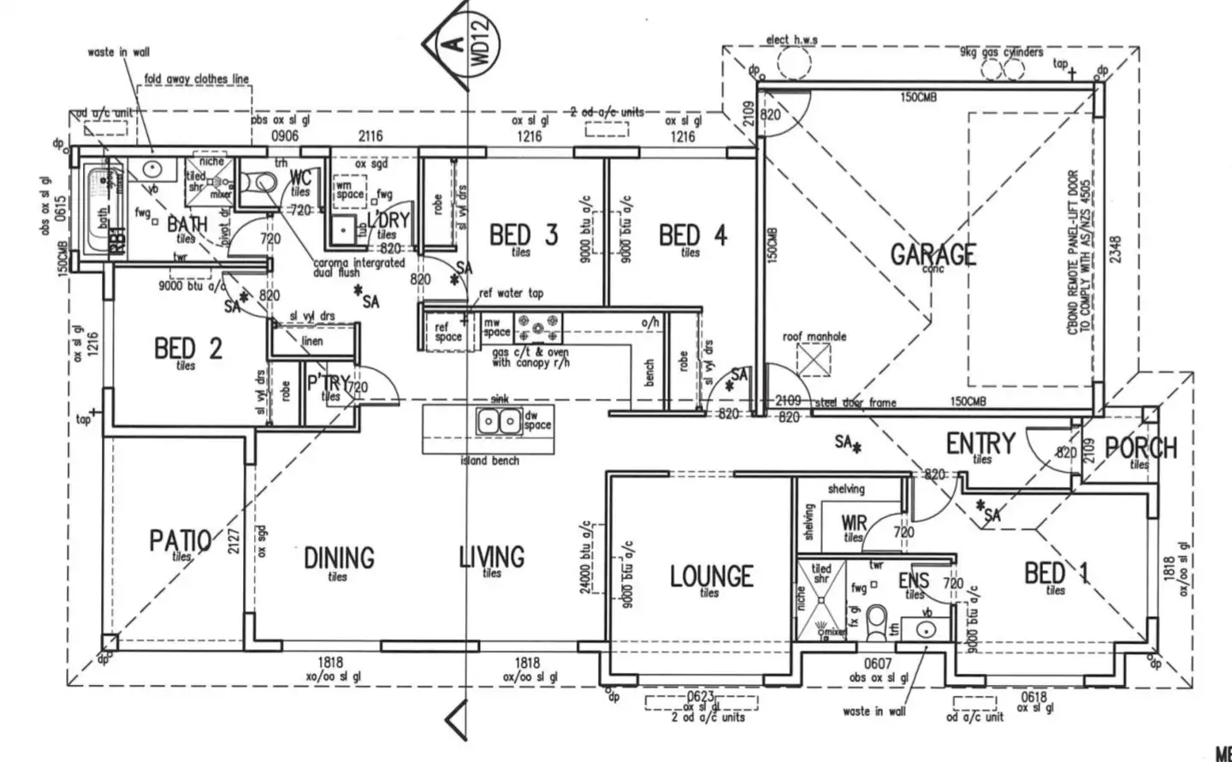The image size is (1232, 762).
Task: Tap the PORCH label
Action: coord(1140,447)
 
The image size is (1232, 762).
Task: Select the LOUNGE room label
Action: coord(711,575)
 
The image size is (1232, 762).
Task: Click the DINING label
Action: coord(339,557)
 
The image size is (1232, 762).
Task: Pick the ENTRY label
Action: coord(980,443)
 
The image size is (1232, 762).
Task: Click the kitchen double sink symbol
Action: coord(498,421)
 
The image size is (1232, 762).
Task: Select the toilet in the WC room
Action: coord(258,181)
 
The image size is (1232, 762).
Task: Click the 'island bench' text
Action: coord(489,461)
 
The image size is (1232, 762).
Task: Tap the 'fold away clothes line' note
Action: coord(197,79)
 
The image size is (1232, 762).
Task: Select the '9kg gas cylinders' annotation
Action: coord(1001,52)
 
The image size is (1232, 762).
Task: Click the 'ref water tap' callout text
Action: coord(511,294)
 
